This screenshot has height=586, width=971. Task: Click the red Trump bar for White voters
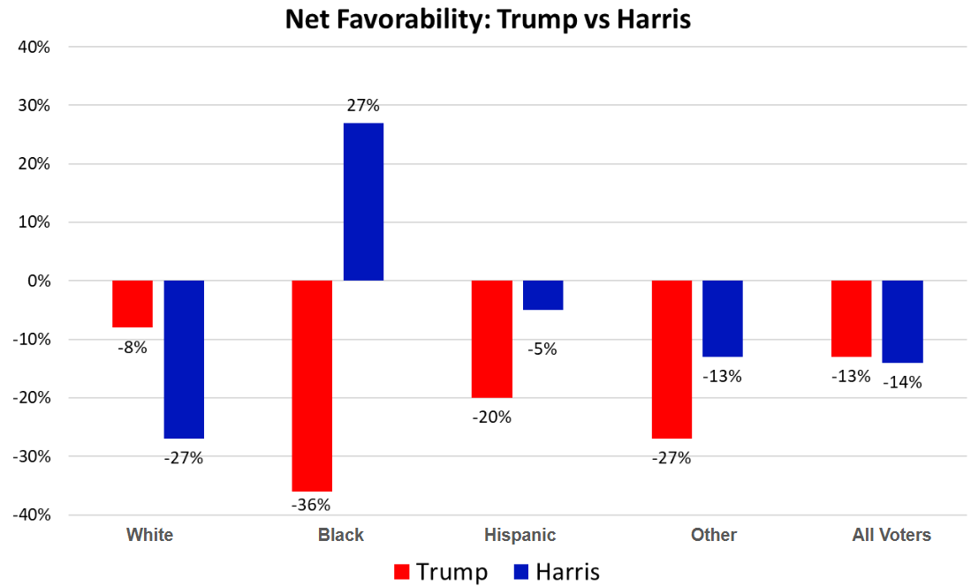click(133, 304)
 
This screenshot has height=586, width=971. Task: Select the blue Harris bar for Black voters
click(363, 201)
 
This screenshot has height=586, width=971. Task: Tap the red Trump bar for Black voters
click(312, 386)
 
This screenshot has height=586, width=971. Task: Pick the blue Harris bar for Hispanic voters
click(542, 295)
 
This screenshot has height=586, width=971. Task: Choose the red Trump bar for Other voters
click(671, 359)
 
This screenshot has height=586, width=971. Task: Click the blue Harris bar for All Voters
click(902, 321)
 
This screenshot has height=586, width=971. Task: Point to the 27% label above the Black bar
click(363, 106)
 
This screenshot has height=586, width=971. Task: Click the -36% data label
click(311, 505)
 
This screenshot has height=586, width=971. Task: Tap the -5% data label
click(542, 349)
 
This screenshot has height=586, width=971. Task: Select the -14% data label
click(903, 382)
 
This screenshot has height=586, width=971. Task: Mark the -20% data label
click(491, 417)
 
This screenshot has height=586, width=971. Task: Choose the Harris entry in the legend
click(557, 572)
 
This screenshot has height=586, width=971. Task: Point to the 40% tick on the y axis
click(34, 47)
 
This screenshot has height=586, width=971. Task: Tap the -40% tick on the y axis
click(32, 515)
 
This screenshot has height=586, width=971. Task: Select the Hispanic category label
click(520, 535)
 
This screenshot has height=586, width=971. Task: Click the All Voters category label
click(891, 535)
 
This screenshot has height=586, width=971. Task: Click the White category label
click(149, 535)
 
